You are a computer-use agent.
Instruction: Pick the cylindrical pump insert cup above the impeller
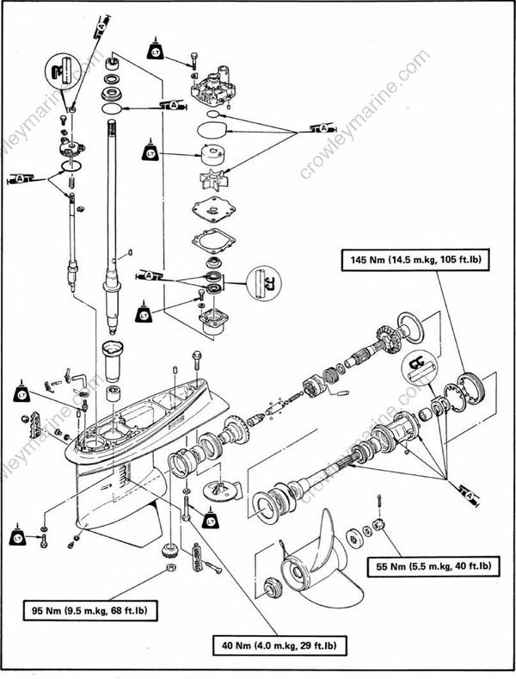pos(210,156)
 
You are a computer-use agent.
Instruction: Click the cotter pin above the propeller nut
pos(378,503)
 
